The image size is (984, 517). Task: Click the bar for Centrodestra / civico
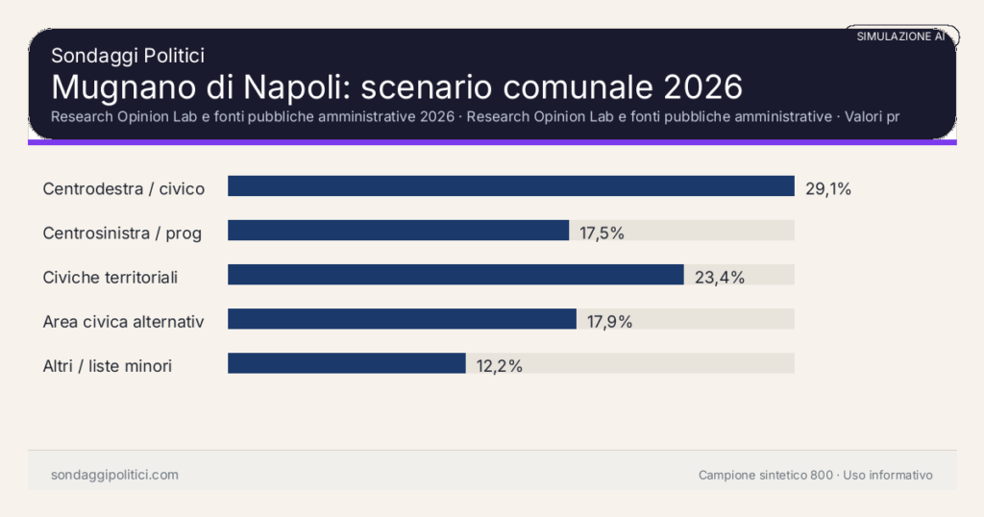click(x=510, y=186)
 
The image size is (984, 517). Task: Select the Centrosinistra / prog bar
click(x=398, y=231)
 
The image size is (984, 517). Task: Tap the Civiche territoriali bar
click(x=455, y=275)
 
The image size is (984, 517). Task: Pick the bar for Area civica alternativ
click(x=402, y=319)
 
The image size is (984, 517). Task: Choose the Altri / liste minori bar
click(x=346, y=363)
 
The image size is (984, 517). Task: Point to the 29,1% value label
click(x=828, y=188)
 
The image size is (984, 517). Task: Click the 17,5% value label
click(x=603, y=233)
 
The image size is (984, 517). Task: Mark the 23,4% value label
click(x=720, y=277)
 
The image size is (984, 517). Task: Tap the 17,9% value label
click(x=609, y=321)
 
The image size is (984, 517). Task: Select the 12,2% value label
click(x=499, y=365)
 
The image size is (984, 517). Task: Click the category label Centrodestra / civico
click(x=124, y=188)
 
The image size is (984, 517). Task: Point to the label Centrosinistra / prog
click(x=122, y=233)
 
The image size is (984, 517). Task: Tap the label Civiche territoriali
click(x=111, y=277)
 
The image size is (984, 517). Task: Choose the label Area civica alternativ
click(x=123, y=321)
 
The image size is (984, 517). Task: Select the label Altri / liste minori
click(x=108, y=365)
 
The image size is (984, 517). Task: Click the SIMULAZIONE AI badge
click(x=900, y=37)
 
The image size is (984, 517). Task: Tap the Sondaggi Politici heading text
click(x=128, y=56)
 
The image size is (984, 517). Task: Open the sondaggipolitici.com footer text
click(x=114, y=475)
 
